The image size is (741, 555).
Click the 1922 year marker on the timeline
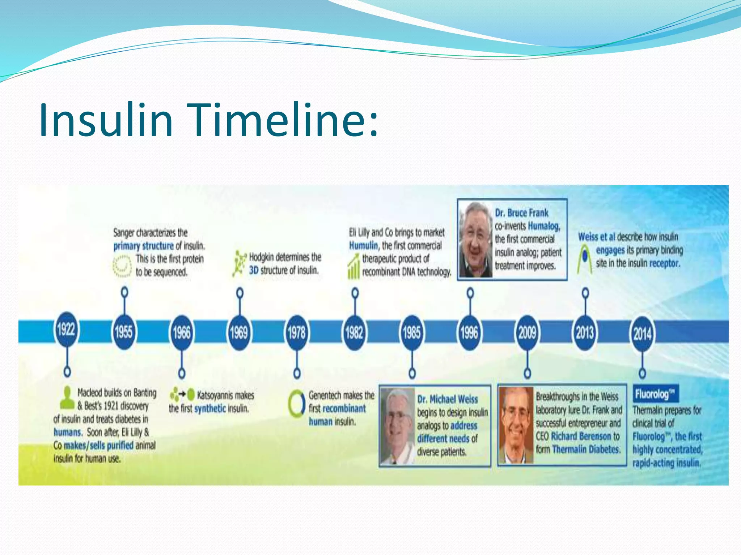[66, 330]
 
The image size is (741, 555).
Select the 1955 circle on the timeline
[124, 332]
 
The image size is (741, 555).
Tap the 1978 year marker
[297, 332]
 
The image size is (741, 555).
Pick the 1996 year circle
[470, 332]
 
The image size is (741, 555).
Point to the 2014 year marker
[643, 333]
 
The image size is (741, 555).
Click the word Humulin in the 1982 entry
[363, 246]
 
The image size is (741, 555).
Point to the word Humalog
[544, 226]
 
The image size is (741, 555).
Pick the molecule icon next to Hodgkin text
[238, 264]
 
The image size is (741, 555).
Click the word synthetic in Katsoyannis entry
[210, 409]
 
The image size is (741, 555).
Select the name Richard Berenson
[581, 436]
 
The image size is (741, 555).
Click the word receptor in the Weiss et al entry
[664, 263]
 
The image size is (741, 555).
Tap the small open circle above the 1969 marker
[240, 292]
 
